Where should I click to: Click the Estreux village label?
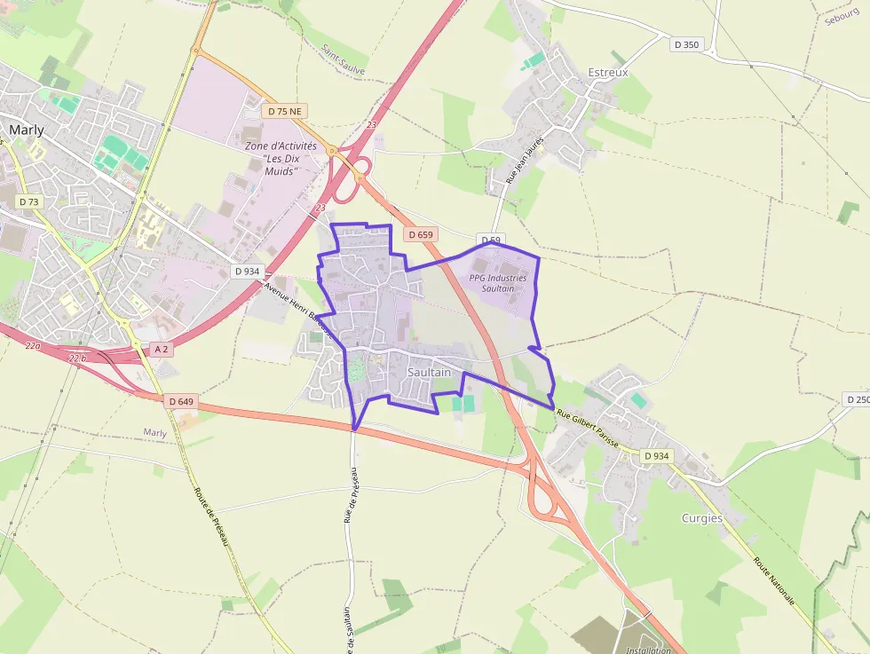tap(608, 72)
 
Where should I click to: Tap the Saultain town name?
tap(429, 373)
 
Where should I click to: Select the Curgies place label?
tap(701, 518)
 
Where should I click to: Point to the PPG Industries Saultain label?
tap(498, 283)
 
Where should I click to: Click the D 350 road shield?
tap(686, 44)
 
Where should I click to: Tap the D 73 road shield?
tap(29, 201)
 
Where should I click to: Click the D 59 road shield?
tap(491, 240)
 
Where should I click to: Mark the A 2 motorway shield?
tap(162, 349)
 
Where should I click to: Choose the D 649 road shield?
tap(180, 401)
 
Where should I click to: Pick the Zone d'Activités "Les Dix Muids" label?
tap(280, 158)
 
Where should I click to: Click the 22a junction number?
tap(33, 346)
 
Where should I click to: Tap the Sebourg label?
tap(841, 18)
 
